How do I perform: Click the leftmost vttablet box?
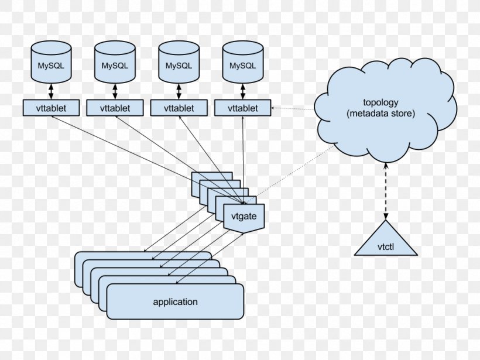point(52,108)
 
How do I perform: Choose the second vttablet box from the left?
point(115,108)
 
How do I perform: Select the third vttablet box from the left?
point(179,108)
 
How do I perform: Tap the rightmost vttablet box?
point(243,108)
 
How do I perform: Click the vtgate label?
point(244,217)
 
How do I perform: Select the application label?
point(175,302)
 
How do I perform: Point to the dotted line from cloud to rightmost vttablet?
point(293,108)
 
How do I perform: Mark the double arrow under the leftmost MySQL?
point(51,91)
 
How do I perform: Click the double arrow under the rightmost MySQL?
point(242,91)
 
